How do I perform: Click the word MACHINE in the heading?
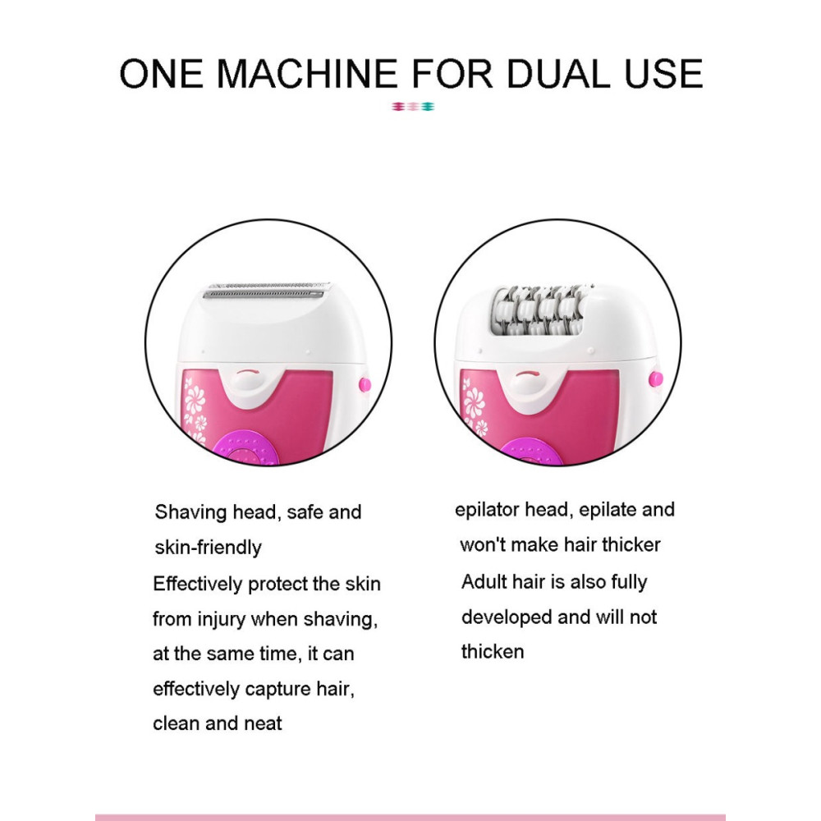tap(307, 73)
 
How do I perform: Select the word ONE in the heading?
tap(161, 73)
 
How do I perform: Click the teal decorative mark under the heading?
tap(429, 107)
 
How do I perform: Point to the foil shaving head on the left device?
tap(265, 291)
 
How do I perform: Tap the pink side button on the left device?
tap(365, 385)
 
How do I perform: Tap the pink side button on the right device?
tap(655, 378)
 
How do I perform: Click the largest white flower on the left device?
tap(195, 400)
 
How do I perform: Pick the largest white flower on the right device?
tap(475, 401)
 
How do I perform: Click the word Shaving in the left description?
tap(191, 512)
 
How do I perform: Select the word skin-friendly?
tap(208, 548)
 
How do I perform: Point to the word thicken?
tap(493, 652)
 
